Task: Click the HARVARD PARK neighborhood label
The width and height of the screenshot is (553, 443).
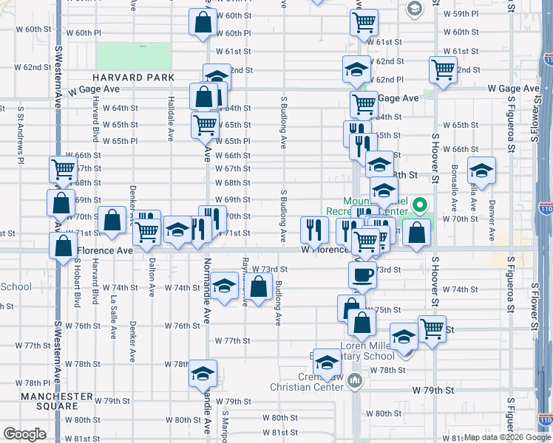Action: coord(133,78)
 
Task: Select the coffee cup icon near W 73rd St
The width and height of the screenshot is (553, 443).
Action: coord(362,275)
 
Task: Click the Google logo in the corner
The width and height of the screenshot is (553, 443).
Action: coord(24,433)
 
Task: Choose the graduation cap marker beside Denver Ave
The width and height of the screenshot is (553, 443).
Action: coord(481,171)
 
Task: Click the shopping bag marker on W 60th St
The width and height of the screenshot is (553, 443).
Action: coord(202,23)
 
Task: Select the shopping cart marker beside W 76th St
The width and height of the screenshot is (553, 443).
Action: coord(432,328)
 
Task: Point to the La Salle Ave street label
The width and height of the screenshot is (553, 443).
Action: coord(113,317)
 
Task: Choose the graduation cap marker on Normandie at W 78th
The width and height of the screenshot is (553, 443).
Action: coord(202,374)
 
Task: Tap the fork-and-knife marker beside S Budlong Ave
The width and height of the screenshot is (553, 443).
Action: coord(314,230)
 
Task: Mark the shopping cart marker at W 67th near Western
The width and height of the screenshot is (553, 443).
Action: coord(63,169)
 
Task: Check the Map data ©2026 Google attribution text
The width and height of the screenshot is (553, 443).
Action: coord(507,437)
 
